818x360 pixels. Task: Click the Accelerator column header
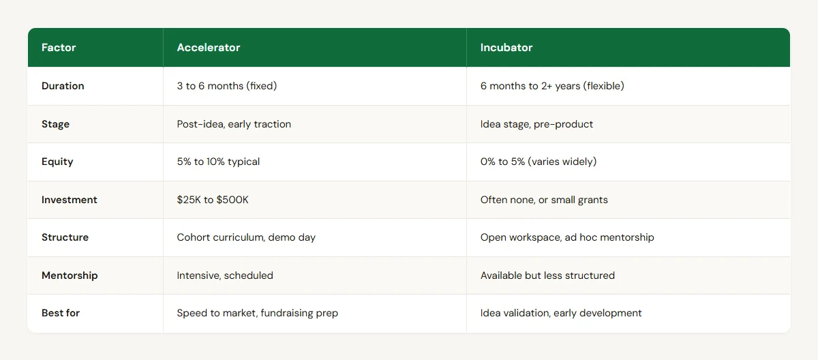[209, 48]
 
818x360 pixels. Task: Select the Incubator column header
[506, 48]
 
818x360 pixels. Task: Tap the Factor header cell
[59, 48]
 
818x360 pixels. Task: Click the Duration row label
[63, 86]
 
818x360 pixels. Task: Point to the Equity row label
[57, 162]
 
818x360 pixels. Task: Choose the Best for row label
[60, 313]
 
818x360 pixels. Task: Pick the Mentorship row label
[70, 275]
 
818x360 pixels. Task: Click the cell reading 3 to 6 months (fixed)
[228, 86]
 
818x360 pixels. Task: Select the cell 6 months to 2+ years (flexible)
[552, 86]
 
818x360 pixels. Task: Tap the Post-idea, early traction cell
[234, 124]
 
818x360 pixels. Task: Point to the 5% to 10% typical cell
[218, 162]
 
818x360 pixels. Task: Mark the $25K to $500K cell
[215, 200]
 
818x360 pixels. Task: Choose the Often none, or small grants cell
[543, 200]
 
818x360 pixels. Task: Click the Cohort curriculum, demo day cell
[245, 237]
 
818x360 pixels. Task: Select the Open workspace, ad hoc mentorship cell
[567, 237]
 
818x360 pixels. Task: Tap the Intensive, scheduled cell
[225, 275]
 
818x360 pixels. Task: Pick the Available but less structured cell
[547, 275]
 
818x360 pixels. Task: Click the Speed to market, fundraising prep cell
[258, 313]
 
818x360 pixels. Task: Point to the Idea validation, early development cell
[561, 313]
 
